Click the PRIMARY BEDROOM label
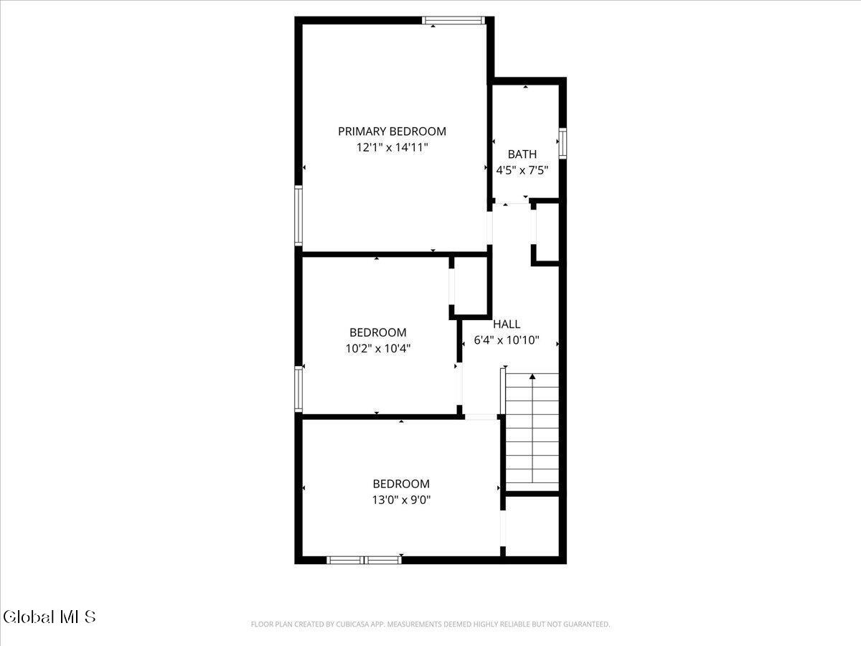[x=392, y=131]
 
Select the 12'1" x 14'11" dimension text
[x=392, y=148]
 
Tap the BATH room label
[x=522, y=154]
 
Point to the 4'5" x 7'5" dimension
[x=522, y=171]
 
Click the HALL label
[x=507, y=324]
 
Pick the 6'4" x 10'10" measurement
[x=507, y=340]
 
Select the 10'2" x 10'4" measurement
[x=377, y=348]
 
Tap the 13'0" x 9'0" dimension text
[x=401, y=500]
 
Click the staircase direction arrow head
[x=532, y=377]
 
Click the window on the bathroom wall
[x=563, y=143]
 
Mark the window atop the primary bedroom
[x=453, y=20]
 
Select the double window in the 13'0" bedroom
[x=364, y=560]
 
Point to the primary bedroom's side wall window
[x=298, y=216]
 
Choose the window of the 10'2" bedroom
[x=298, y=389]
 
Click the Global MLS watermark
[x=50, y=617]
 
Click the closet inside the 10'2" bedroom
[x=470, y=286]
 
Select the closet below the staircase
[x=532, y=526]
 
